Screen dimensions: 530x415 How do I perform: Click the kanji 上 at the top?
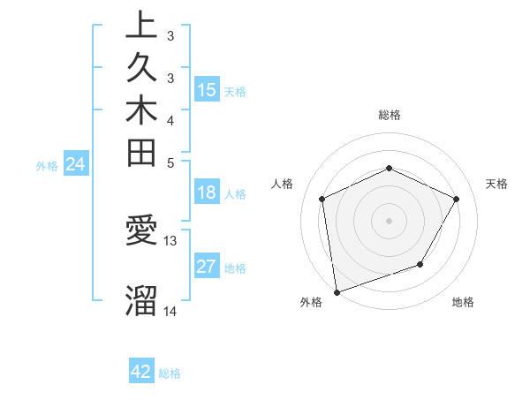[x=141, y=26]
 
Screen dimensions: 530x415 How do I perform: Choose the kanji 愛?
[x=141, y=231]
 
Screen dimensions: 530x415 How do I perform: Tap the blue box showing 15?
[x=207, y=89]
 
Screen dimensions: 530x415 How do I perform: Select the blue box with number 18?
[x=207, y=193]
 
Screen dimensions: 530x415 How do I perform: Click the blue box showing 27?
[x=207, y=268]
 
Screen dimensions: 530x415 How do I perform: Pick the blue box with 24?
[x=76, y=163]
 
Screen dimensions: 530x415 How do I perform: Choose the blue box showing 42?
[x=141, y=372]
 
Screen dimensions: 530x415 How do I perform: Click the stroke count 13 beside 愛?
[x=170, y=239]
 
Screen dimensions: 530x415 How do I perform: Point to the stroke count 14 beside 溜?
[x=170, y=311]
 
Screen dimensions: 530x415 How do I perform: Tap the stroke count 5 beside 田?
[x=170, y=162]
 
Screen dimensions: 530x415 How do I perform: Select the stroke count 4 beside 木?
[x=170, y=119]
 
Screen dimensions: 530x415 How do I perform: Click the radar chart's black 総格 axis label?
[x=389, y=115]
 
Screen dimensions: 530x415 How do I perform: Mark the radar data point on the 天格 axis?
[x=457, y=199]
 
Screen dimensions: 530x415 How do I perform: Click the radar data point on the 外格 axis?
[x=337, y=291]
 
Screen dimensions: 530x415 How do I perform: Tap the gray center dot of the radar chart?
[x=389, y=220]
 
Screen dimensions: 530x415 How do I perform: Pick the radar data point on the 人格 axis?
[x=322, y=199]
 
